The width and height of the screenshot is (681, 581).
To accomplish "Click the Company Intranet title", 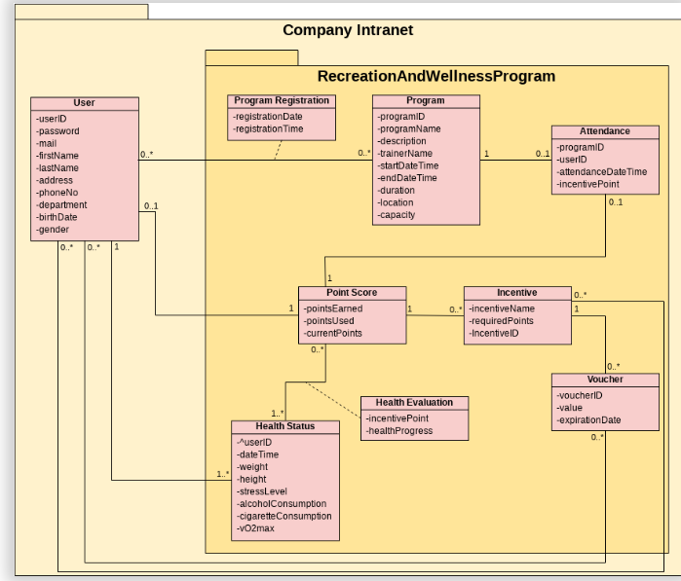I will pos(348,30).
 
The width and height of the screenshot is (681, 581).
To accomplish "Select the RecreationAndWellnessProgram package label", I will pos(436,76).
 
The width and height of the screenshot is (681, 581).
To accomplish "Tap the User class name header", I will pos(84,103).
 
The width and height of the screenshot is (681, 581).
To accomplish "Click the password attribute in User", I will pos(59,131).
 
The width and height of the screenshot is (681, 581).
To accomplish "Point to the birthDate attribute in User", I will pos(58,217).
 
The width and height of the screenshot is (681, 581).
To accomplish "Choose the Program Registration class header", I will pos(282,100).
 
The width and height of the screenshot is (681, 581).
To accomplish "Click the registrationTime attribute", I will pos(270,128).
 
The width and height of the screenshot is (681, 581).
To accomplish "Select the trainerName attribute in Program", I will pos(405,154).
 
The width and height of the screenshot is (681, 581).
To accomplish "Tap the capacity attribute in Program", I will pos(397,215).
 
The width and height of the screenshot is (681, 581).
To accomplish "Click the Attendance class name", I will pos(605,130).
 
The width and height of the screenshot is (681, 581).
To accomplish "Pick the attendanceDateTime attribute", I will pos(602,172).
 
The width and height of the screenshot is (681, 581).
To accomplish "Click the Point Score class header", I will pos(352,292).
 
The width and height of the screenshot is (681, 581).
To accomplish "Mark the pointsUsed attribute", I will pos(329,320).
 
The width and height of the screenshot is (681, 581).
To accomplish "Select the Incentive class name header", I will pos(516,292).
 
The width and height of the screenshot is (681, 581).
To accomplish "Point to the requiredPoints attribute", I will pos(502,320).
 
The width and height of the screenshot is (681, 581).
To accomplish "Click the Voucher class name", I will pos(605,380).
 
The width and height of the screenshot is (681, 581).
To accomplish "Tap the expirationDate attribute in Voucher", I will pos(589,420).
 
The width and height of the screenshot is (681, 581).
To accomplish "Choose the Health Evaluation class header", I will pos(414,402).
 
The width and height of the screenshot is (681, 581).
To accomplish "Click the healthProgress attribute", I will pos(399,430).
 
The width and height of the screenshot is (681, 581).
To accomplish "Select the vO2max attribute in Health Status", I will pos(257,528).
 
